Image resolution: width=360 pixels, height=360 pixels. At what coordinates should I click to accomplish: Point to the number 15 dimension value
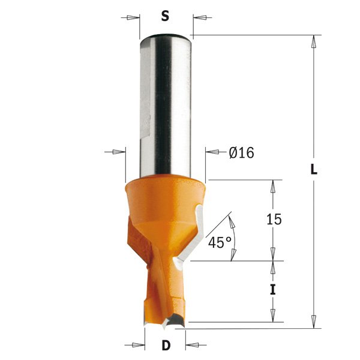[273, 220]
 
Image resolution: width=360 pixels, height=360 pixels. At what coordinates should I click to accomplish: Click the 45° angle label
[220, 242]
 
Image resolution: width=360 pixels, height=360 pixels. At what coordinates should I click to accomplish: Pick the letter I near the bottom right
[273, 290]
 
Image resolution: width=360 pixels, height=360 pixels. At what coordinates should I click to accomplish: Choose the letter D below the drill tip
[165, 346]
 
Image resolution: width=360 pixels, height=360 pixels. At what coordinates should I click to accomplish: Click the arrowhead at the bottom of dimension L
[313, 322]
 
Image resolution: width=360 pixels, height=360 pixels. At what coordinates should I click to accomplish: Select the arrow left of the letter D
[138, 346]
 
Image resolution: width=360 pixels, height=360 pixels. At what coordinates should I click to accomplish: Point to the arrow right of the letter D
[192, 346]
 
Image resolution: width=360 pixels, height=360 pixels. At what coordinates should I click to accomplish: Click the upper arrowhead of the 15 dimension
[273, 185]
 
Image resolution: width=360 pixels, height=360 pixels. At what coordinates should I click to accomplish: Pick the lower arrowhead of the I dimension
[273, 316]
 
